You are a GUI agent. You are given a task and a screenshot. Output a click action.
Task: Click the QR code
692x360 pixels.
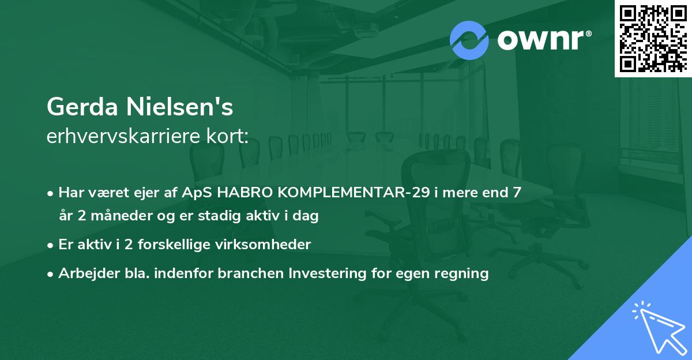click(653, 38)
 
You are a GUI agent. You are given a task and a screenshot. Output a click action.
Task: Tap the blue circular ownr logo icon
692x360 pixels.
click(469, 40)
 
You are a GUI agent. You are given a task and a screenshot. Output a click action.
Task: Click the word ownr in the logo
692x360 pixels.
click(540, 40)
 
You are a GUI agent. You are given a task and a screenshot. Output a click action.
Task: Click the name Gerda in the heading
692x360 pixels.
click(82, 107)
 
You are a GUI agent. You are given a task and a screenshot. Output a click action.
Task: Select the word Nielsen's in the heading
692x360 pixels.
click(179, 107)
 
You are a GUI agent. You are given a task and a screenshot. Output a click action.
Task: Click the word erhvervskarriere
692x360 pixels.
click(123, 136)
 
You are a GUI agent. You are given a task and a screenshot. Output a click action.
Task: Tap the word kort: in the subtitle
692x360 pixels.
click(227, 136)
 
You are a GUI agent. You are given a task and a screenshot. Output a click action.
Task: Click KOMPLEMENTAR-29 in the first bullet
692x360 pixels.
click(353, 193)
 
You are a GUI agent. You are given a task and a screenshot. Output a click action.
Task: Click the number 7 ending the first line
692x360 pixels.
click(517, 193)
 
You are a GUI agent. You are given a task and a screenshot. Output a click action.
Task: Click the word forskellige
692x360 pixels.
click(174, 245)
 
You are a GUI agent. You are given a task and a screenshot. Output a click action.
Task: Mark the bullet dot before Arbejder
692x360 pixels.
click(50, 274)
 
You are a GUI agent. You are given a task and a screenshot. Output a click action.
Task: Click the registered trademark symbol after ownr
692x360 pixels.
click(588, 33)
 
